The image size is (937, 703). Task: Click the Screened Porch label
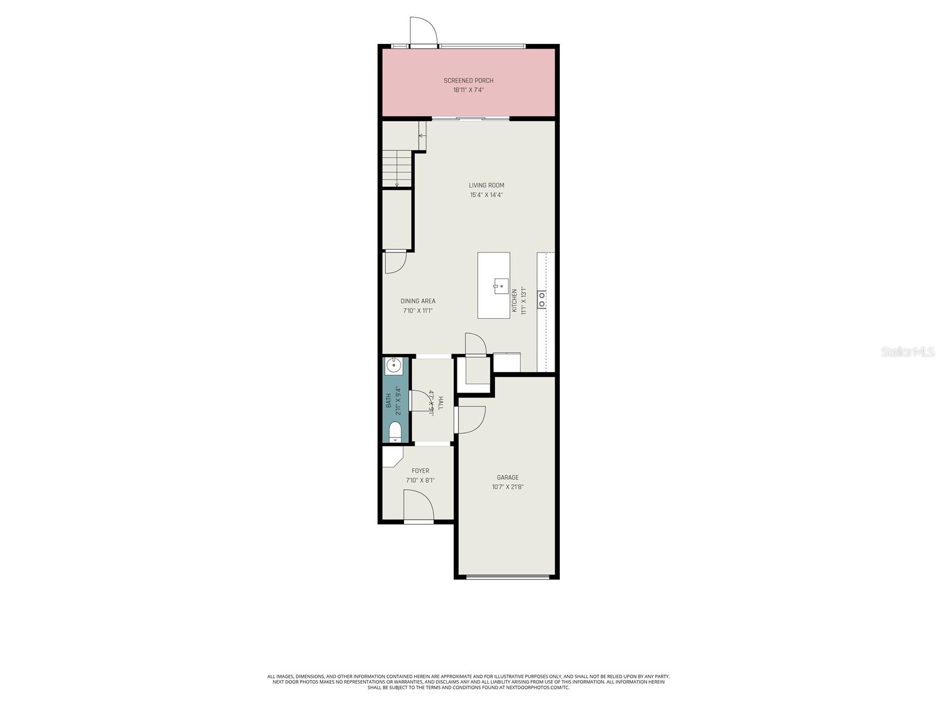(468, 80)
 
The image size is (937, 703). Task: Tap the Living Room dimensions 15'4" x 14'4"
(486, 195)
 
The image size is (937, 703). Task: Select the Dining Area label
(418, 301)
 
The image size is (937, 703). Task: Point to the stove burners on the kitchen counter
(542, 299)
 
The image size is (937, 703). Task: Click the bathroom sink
(394, 366)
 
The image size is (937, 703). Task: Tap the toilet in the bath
(395, 432)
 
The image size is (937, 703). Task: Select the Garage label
(508, 477)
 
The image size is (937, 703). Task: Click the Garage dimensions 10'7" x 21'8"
(508, 487)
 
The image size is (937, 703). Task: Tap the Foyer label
(420, 470)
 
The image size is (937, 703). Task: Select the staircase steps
(398, 168)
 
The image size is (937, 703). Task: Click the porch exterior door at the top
(423, 32)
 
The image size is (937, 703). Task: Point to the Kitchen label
(515, 301)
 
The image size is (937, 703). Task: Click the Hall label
(440, 402)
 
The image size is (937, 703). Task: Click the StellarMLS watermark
(908, 351)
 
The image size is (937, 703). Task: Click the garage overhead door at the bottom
(508, 577)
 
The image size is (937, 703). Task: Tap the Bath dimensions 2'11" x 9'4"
(398, 400)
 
